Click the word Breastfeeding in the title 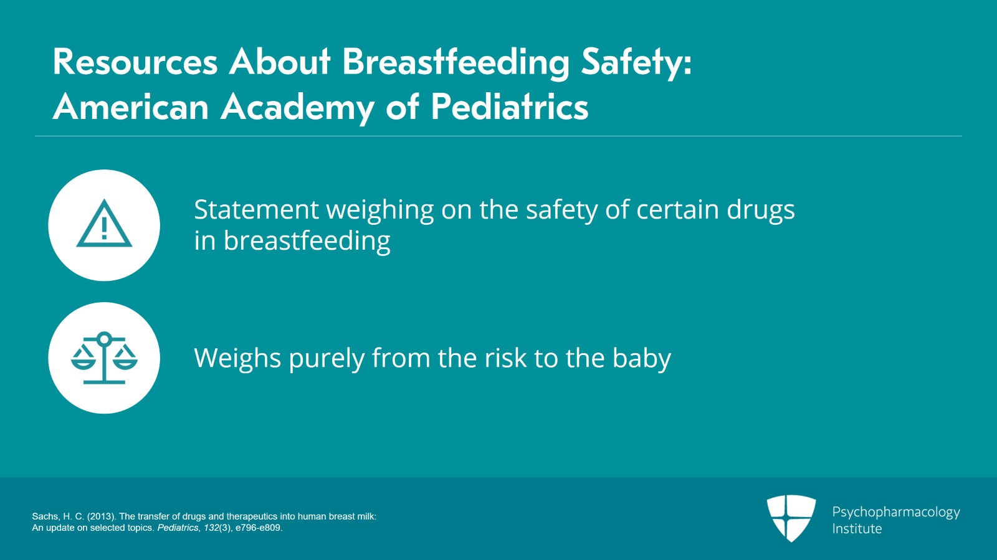pos(456,62)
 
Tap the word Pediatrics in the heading pos(509,107)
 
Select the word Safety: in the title pos(636,62)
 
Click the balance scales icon pos(104,358)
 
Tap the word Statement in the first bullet pos(256,210)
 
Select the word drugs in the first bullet pos(760,210)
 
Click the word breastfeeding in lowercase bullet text pos(307,241)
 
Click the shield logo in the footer pos(791,517)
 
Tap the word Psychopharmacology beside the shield pos(895,512)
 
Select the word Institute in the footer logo pos(857,529)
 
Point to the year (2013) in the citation pos(102,516)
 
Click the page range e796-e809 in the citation pos(259,528)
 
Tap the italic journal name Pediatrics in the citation pos(178,528)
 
